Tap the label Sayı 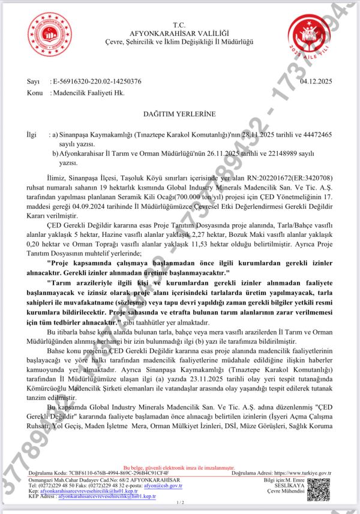point(34,81)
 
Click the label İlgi point(33,136)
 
